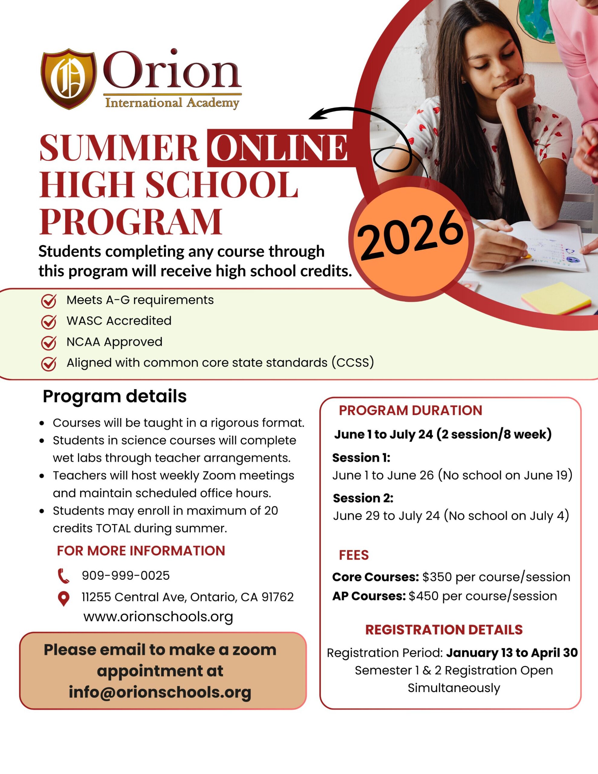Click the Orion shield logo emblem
click(x=68, y=78)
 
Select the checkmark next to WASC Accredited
click(x=49, y=321)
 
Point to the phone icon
click(x=63, y=576)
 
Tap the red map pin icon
click(x=63, y=599)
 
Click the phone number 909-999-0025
click(x=126, y=576)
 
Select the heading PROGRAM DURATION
click(x=410, y=410)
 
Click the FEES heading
click(x=353, y=555)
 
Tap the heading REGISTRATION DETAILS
click(x=444, y=630)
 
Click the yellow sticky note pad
click(x=555, y=298)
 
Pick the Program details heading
click(x=115, y=396)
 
